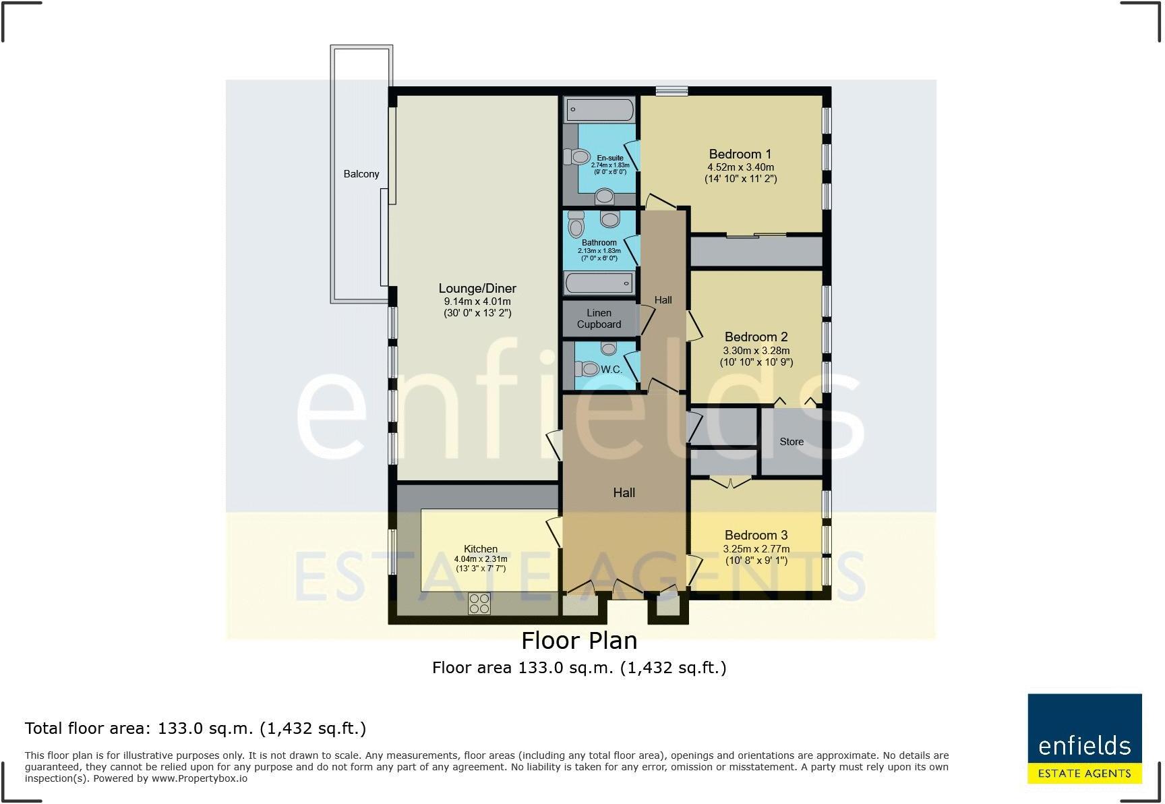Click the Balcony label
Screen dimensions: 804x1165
[361, 174]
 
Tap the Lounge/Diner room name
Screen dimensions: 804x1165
[477, 289]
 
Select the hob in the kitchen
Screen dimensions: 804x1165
[479, 604]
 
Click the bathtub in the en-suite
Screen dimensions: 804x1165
[599, 109]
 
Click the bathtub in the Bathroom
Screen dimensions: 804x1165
[599, 283]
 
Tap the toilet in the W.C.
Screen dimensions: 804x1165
[587, 369]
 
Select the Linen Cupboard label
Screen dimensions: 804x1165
[599, 318]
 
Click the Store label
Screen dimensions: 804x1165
[791, 442]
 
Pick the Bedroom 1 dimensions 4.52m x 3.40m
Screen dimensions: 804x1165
[740, 167]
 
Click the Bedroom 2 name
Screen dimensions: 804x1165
[756, 337]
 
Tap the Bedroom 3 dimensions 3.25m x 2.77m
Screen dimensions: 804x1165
[756, 549]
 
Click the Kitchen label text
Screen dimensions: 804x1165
[481, 549]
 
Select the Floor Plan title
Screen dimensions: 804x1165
[579, 640]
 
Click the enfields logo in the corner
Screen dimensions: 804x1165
[1084, 739]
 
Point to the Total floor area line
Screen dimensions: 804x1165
[196, 728]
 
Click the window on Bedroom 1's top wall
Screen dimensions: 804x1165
[671, 91]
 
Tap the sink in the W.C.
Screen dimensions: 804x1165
[609, 348]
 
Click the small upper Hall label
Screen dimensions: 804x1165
[663, 300]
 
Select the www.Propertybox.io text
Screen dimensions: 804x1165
[199, 778]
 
